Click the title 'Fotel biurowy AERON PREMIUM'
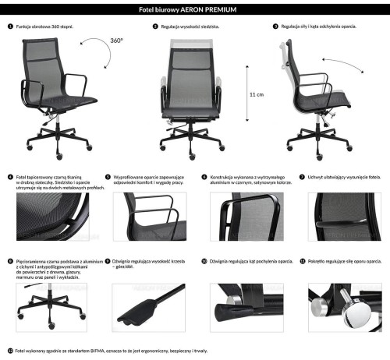(195, 9)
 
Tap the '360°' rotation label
(116, 39)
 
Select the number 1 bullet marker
(9, 26)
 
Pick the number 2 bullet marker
(156, 26)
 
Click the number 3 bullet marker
(275, 26)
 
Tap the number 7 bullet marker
(302, 177)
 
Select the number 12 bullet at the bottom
(9, 351)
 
